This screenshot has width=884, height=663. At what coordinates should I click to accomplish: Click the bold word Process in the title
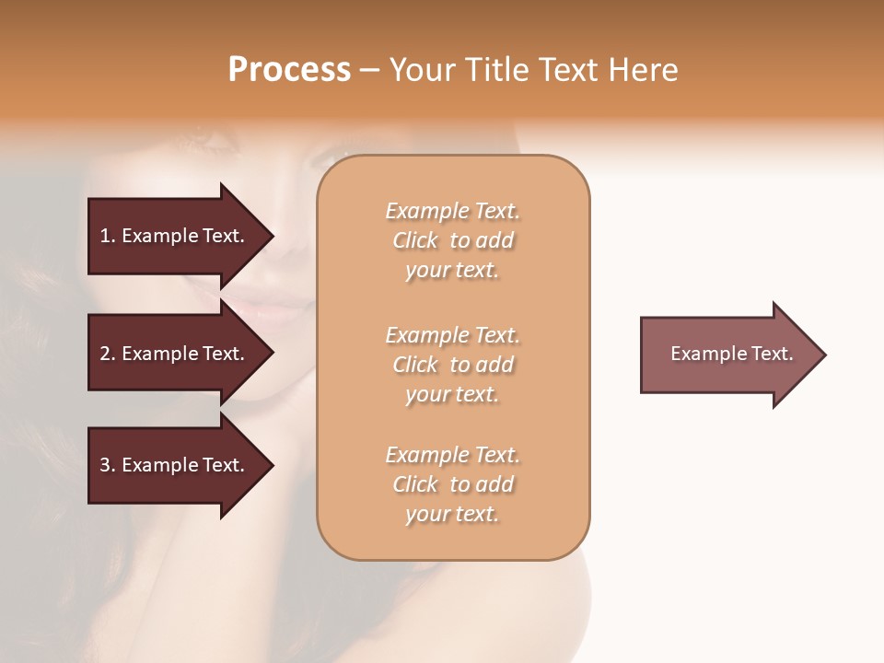(x=289, y=70)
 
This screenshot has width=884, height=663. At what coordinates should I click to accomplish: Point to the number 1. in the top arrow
(x=108, y=236)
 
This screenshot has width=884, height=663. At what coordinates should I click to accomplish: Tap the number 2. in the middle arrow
(x=108, y=354)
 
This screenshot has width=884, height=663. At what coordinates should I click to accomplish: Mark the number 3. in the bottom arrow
(x=108, y=465)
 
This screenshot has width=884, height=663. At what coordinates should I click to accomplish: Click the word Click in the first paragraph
(x=415, y=240)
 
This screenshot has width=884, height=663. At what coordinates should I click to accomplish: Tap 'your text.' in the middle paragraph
(x=452, y=394)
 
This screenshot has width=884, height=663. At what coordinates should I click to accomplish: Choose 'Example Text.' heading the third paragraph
(x=452, y=455)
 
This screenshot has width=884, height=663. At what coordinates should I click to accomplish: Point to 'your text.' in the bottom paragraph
(x=452, y=514)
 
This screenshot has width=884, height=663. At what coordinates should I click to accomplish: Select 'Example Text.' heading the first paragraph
(x=452, y=211)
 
